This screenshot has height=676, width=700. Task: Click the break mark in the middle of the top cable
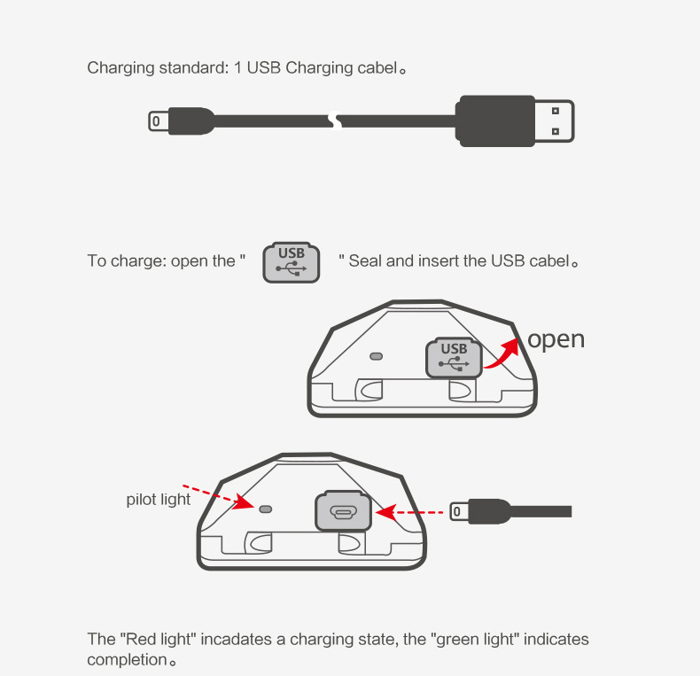click(335, 120)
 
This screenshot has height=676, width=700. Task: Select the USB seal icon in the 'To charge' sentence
click(291, 262)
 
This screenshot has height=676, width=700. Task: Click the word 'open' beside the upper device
click(556, 340)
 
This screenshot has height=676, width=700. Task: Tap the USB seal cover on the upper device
click(454, 358)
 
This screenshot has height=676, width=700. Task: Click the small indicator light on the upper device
click(377, 356)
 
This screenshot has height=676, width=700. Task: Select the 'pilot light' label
click(159, 499)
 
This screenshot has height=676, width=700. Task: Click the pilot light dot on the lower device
click(266, 509)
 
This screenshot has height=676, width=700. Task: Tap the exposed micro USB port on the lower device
click(343, 511)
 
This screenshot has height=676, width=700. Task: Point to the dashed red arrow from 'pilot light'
click(219, 496)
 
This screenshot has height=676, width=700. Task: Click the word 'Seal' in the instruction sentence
click(365, 260)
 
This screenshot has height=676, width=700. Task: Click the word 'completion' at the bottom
click(127, 660)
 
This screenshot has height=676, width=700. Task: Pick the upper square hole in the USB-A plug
click(556, 111)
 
